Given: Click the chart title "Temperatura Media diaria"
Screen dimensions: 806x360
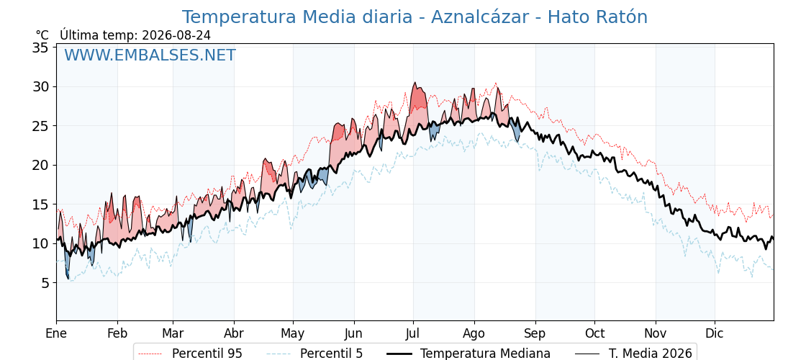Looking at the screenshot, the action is (x=296, y=17).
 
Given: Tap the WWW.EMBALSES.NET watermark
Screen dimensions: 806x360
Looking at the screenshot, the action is (x=150, y=55).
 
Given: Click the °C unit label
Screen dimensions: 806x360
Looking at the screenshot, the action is (x=42, y=35).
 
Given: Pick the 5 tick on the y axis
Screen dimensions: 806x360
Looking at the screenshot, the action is (x=45, y=283).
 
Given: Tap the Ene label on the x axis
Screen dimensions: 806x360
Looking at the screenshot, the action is (x=57, y=333).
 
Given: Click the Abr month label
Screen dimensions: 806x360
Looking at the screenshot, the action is (x=234, y=333).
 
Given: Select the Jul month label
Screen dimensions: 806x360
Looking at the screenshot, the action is (x=413, y=333).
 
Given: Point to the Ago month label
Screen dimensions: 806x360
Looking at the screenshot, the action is (x=474, y=333).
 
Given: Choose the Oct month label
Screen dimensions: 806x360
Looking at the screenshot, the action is (x=594, y=333).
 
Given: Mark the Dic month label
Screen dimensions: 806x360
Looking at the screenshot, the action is (x=715, y=333).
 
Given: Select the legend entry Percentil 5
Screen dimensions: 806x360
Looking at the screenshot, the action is (x=314, y=354).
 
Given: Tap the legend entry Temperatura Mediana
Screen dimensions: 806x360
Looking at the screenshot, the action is (x=467, y=354).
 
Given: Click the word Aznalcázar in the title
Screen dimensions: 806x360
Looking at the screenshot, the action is (x=479, y=17).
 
